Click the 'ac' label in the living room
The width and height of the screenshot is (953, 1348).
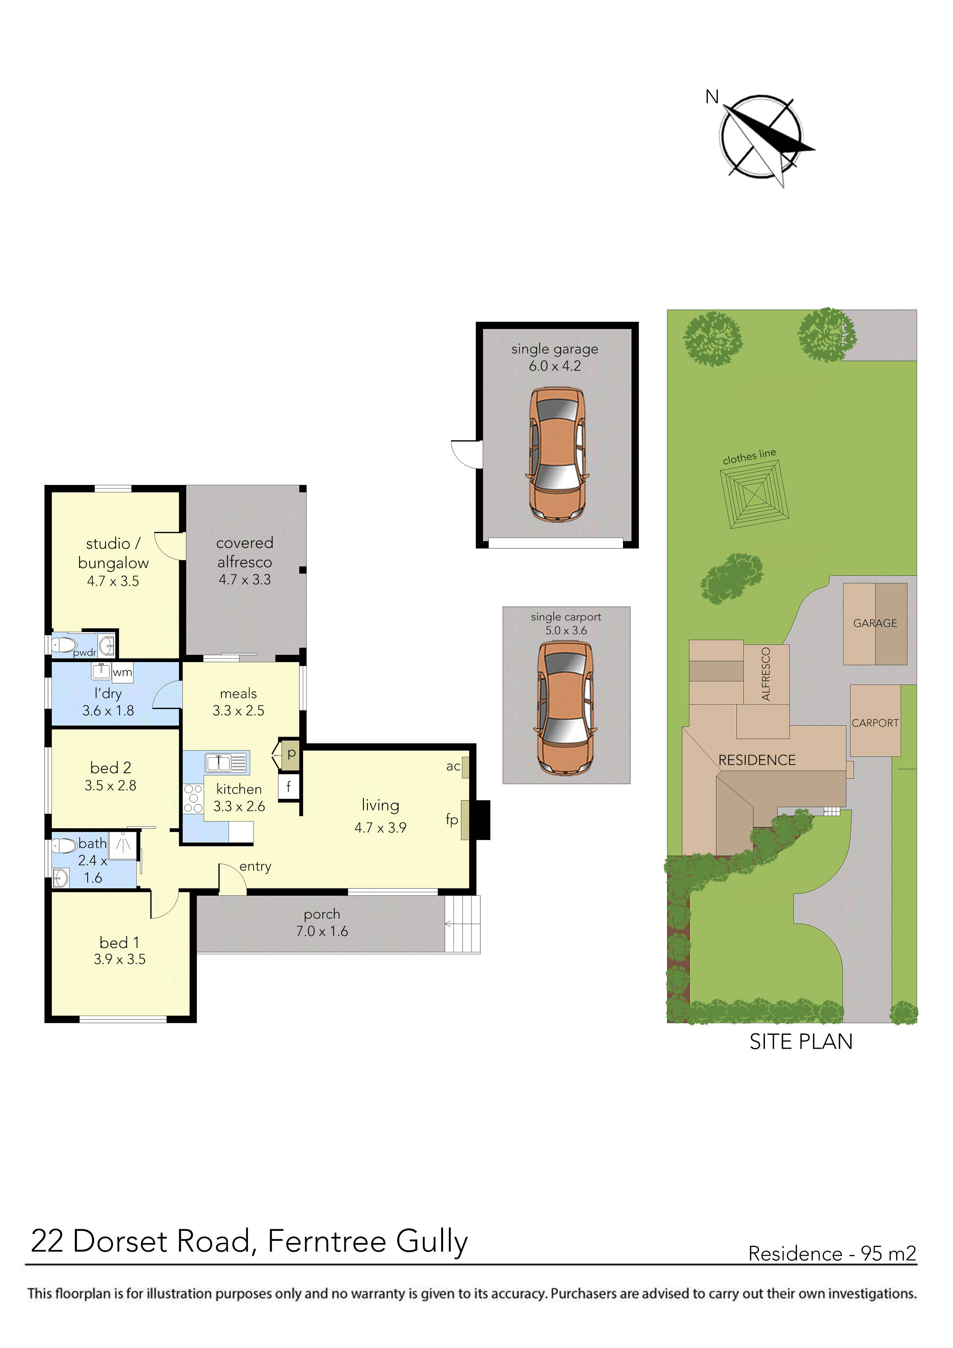coord(453,766)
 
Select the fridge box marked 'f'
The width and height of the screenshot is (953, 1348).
coord(288,786)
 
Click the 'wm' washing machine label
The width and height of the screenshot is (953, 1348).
coord(122,672)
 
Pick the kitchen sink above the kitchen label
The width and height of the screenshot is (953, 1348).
coord(226,763)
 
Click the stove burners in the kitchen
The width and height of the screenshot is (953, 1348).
coord(193,799)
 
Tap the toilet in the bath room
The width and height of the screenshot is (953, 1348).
coord(64,846)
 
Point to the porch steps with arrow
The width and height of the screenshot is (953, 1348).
coord(462,924)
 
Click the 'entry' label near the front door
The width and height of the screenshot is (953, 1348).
coord(255,867)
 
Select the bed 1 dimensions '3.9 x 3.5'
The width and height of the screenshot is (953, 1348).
coord(120,960)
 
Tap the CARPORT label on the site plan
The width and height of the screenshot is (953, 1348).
coord(875,723)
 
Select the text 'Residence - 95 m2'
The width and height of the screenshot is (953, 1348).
coord(832,1253)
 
